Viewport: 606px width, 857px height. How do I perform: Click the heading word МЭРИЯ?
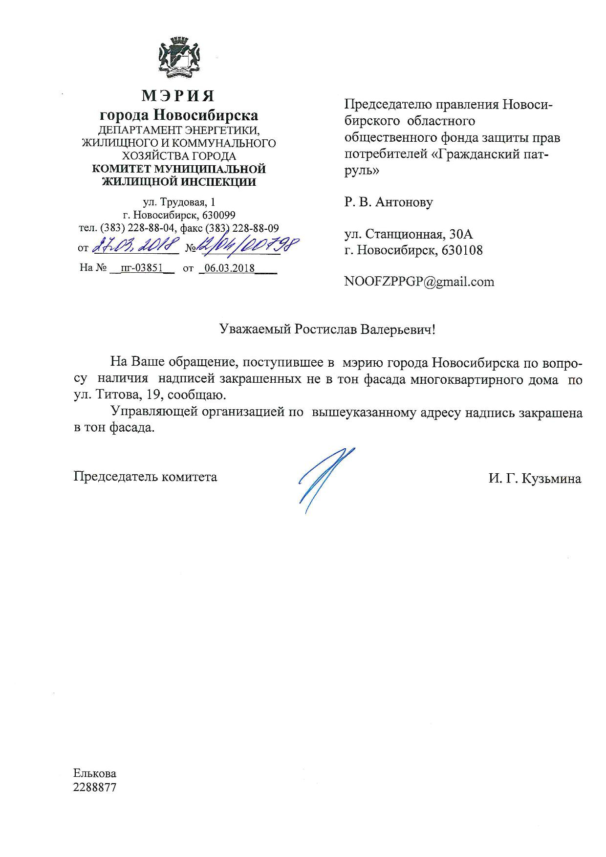click(178, 95)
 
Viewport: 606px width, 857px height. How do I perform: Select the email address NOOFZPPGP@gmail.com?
click(419, 282)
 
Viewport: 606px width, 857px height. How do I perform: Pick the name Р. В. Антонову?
click(389, 202)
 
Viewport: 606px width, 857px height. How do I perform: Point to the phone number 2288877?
click(95, 788)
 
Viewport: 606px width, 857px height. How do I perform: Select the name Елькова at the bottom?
click(95, 773)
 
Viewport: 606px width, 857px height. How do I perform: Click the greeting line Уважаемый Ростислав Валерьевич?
click(326, 329)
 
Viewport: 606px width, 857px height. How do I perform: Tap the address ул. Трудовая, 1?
click(178, 202)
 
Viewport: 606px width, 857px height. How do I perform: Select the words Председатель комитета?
click(145, 476)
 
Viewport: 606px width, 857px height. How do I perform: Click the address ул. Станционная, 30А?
click(409, 234)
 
